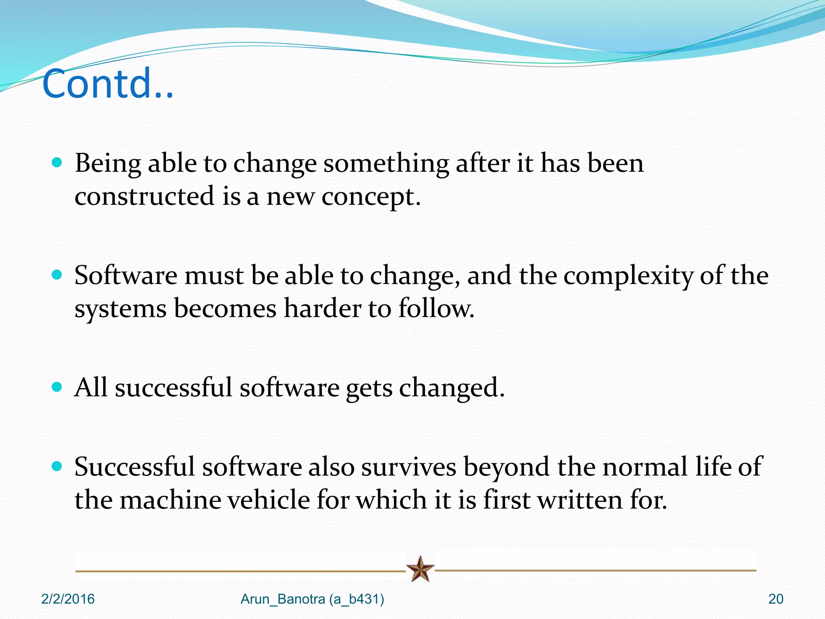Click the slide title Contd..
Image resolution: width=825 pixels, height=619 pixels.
(x=108, y=83)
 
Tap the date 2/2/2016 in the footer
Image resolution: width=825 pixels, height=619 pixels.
(x=68, y=599)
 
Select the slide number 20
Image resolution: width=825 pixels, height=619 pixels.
(x=775, y=599)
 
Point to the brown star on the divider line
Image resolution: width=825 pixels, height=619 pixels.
(x=420, y=569)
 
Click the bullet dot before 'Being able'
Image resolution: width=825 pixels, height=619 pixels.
(x=57, y=163)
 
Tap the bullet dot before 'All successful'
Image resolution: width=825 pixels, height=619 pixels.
(x=57, y=387)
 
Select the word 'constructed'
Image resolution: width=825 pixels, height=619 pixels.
(x=144, y=196)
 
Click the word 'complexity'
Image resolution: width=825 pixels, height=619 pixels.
(x=628, y=276)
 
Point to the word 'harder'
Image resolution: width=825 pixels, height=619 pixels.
(x=322, y=309)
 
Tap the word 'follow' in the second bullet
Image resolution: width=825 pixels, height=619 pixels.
(x=434, y=309)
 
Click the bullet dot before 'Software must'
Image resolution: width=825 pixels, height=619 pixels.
(x=57, y=275)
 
